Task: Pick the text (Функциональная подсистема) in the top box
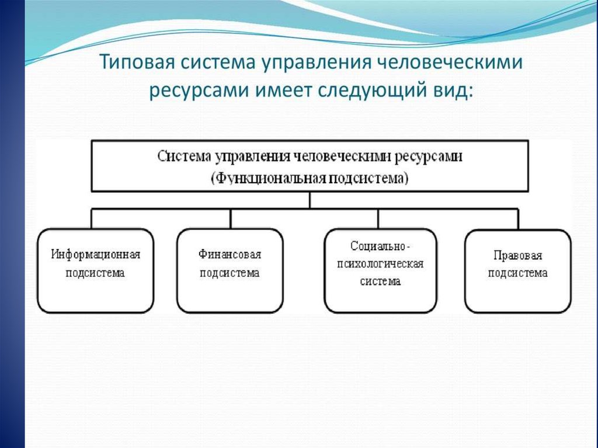(x=310, y=178)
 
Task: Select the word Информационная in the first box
(x=96, y=255)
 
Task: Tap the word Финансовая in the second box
(x=230, y=255)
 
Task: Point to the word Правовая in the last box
(x=517, y=255)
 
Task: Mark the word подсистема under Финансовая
(x=230, y=273)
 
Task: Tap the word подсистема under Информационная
(x=96, y=273)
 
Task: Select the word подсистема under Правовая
(x=517, y=273)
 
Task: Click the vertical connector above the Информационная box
(x=92, y=218)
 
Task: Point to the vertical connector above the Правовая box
(x=518, y=218)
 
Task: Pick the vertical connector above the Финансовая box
(x=231, y=218)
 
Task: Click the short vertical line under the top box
(x=310, y=200)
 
